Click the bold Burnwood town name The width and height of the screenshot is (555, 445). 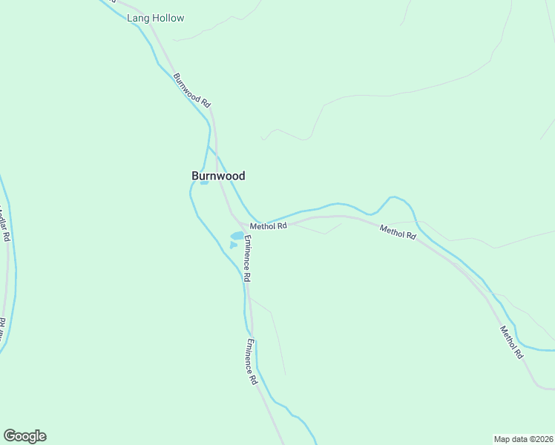click(x=218, y=177)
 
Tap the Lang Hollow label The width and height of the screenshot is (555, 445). click(x=156, y=18)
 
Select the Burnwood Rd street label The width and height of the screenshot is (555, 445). click(x=192, y=91)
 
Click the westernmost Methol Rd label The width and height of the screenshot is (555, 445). click(x=268, y=226)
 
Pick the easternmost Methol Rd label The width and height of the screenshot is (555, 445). click(x=511, y=343)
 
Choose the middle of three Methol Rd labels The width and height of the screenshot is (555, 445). click(x=398, y=232)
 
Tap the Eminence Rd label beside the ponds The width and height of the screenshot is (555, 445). click(x=248, y=258)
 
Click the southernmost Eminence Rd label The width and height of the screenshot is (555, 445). click(x=252, y=362)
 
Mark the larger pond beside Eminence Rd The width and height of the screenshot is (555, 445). click(x=237, y=236)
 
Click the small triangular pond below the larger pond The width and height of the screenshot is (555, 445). click(x=233, y=245)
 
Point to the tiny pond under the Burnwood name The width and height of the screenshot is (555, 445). click(x=204, y=183)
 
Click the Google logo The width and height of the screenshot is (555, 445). click(x=24, y=436)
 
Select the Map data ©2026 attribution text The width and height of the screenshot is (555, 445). click(x=523, y=438)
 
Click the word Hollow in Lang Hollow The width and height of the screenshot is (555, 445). click(x=167, y=18)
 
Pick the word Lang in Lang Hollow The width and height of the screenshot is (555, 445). click(x=137, y=18)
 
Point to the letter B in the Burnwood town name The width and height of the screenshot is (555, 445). click(x=196, y=177)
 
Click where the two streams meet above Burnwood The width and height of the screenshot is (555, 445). click(x=209, y=147)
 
